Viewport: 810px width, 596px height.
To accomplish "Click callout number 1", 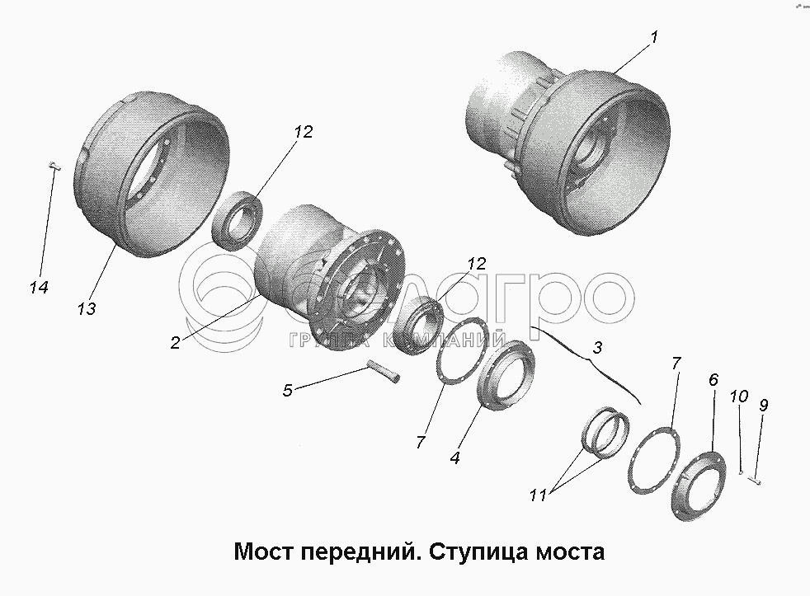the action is coord(654,38).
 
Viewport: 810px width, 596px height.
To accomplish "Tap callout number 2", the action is coord(175,342).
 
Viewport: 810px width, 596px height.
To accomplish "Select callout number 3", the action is coord(597,348).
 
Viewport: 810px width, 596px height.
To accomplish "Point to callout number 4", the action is coord(454,458).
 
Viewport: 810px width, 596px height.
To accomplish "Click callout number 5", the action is coord(287,391).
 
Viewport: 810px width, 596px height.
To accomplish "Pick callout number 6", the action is coord(713,381).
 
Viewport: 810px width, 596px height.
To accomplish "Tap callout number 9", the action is coord(764,406).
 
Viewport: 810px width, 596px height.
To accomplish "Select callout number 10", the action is coord(739,397).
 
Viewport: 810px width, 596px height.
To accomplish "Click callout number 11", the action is coord(538,495).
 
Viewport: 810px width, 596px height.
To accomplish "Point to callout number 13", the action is coord(87,309).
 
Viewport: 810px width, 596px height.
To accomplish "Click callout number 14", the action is coord(39,287).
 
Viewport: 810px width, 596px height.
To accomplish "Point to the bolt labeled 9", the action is coord(756,481).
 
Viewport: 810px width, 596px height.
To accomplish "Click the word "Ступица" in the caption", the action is coord(478,552).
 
